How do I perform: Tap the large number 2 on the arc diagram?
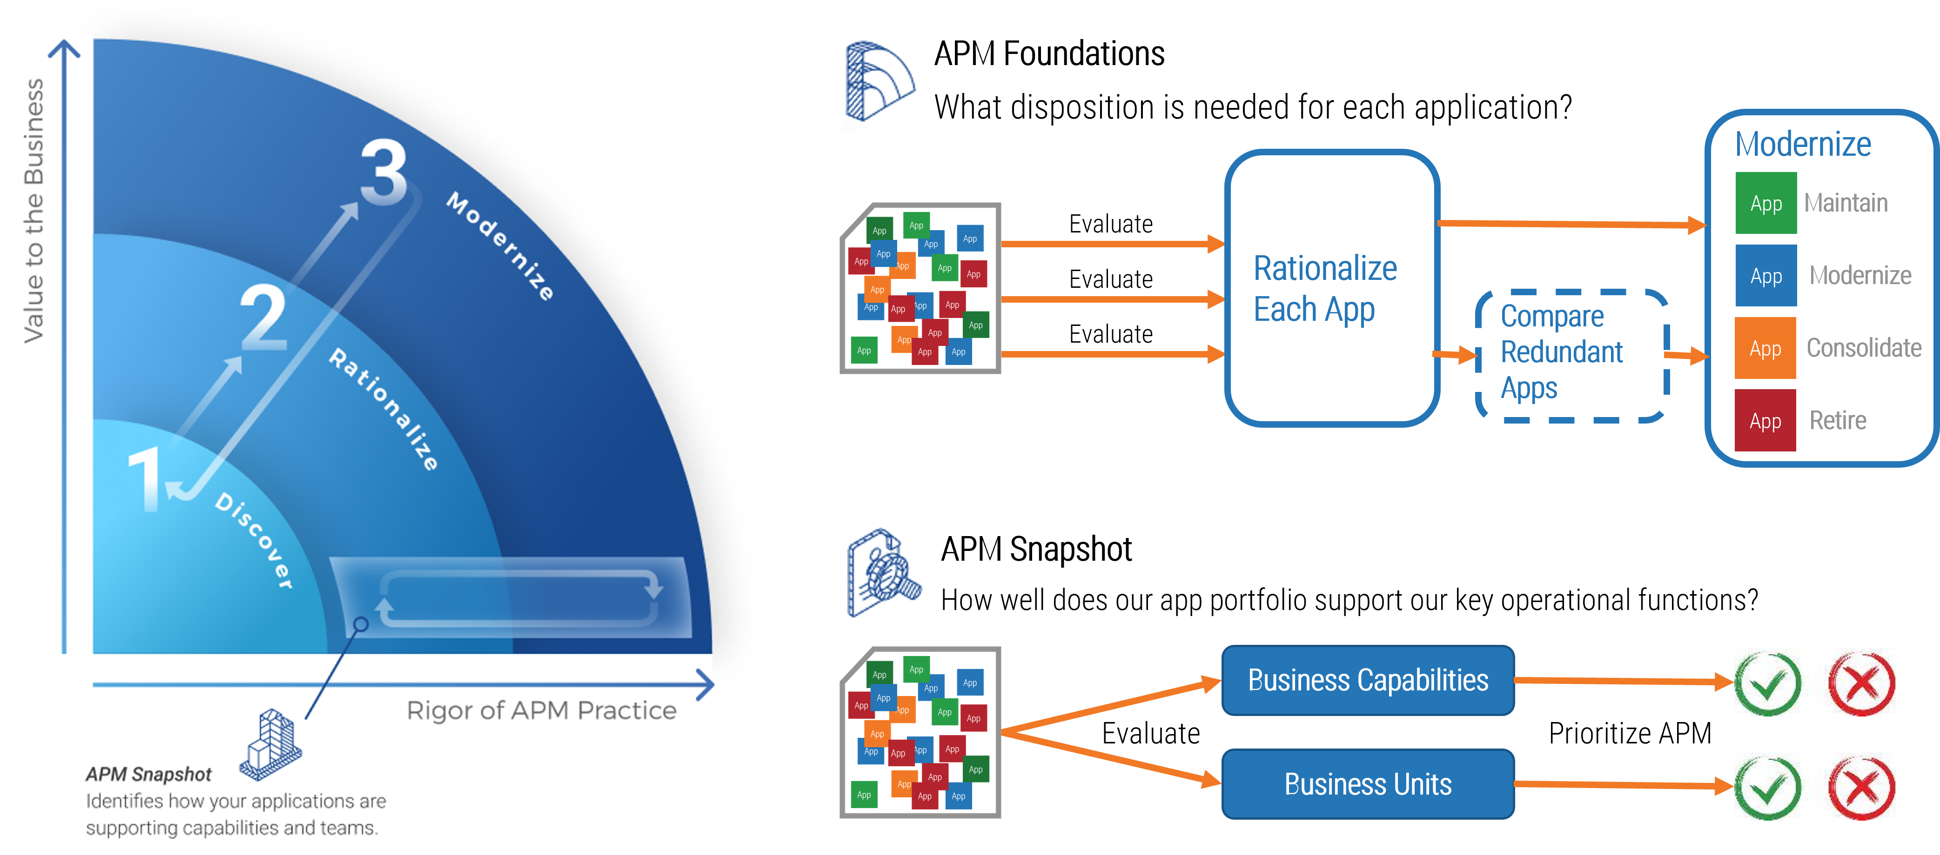(263, 318)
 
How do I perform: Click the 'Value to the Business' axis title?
(34, 211)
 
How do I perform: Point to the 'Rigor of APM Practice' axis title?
(542, 710)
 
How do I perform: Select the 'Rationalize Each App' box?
(1331, 288)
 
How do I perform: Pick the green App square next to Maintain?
(1765, 203)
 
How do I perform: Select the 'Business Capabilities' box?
(1368, 680)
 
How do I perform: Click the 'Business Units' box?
(1368, 784)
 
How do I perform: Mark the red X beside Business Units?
(1861, 787)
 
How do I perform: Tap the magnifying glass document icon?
(886, 578)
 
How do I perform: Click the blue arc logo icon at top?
(879, 82)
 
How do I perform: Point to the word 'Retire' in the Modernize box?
(1838, 421)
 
